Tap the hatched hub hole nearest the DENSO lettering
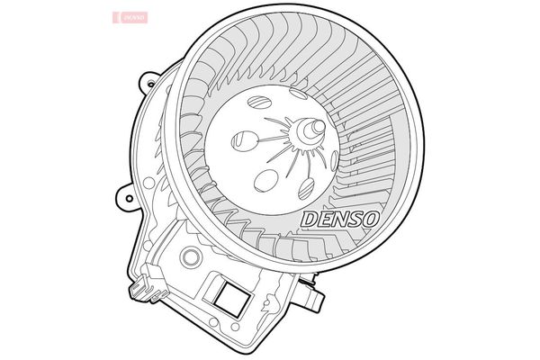306,188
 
